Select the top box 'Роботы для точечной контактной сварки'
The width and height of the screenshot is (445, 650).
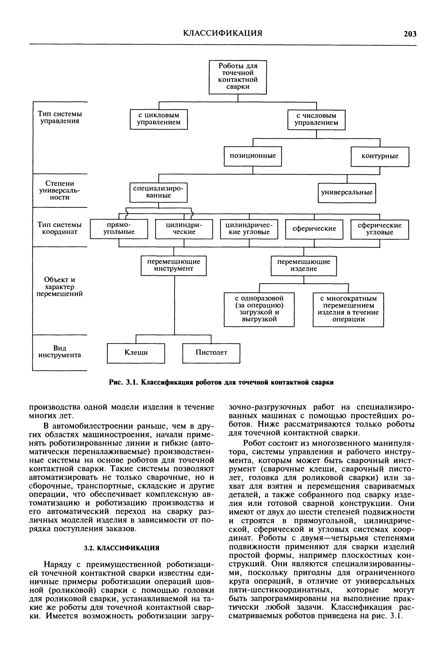pyautogui.click(x=238, y=77)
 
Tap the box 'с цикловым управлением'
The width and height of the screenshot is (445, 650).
pyautogui.click(x=159, y=119)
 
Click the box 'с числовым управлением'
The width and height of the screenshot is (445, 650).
pyautogui.click(x=317, y=120)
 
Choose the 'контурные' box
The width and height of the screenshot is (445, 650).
pyautogui.click(x=380, y=156)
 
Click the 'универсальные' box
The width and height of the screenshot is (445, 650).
pyautogui.click(x=347, y=193)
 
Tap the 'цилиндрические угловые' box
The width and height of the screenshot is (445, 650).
pyautogui.click(x=249, y=229)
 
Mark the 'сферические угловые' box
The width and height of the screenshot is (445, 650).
pyautogui.click(x=379, y=229)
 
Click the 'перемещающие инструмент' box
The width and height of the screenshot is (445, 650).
pyautogui.click(x=174, y=265)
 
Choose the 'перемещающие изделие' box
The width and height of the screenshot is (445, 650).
pyautogui.click(x=304, y=266)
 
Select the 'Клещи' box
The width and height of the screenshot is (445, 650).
pyautogui.click(x=136, y=353)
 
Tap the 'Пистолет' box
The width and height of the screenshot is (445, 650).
pyautogui.click(x=211, y=353)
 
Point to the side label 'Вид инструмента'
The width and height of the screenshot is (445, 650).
pyautogui.click(x=60, y=352)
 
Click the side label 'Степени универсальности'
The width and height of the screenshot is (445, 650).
pyautogui.click(x=60, y=190)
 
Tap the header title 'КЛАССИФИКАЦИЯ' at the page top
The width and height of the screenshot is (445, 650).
pyautogui.click(x=223, y=33)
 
